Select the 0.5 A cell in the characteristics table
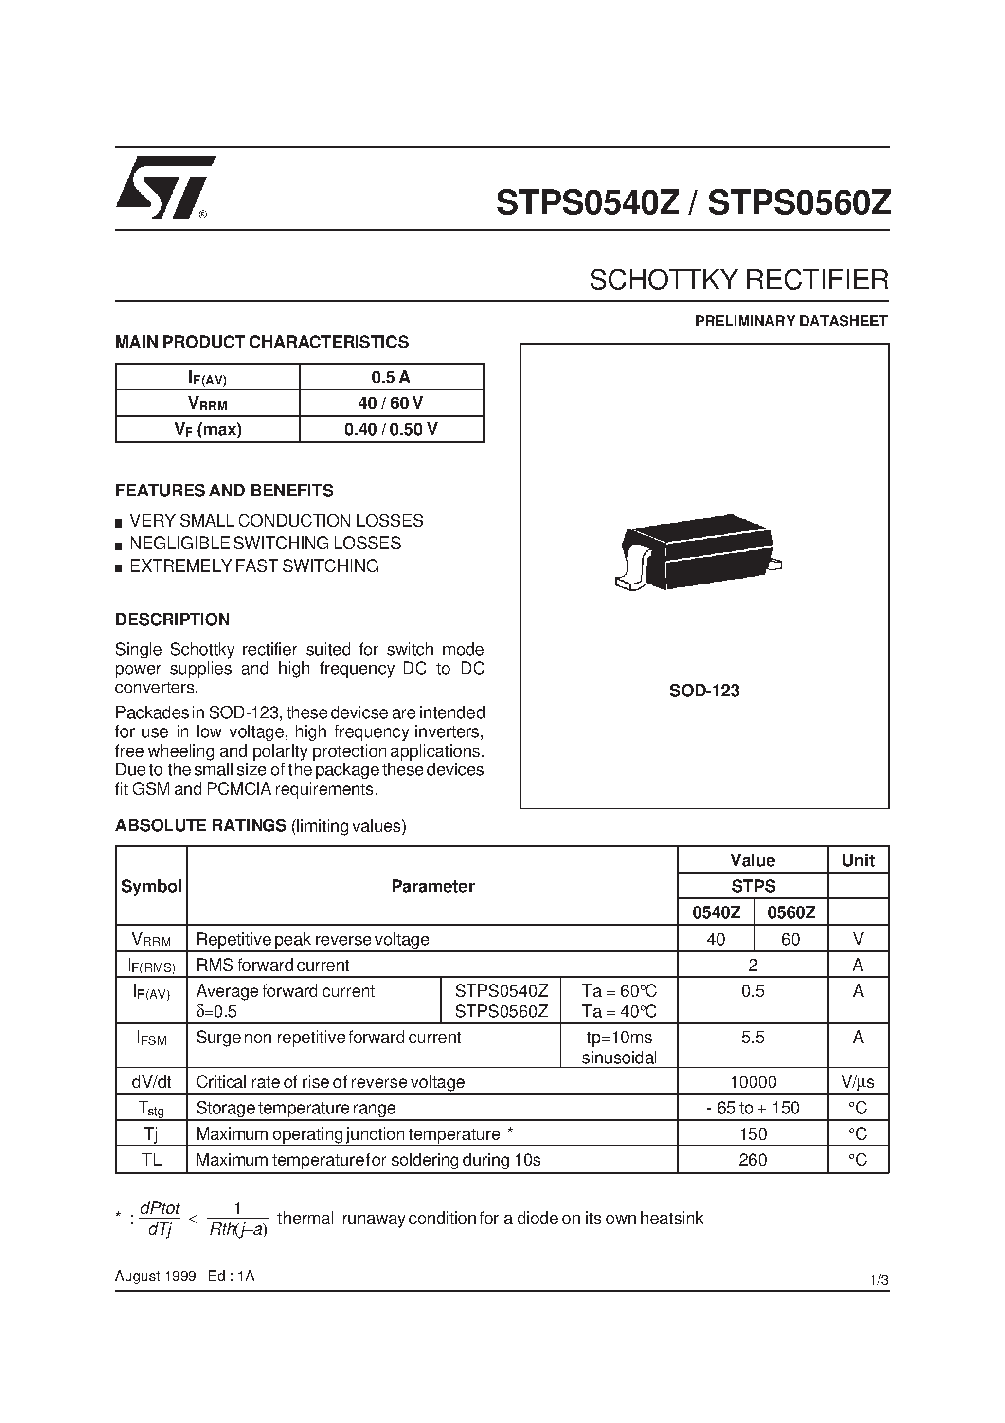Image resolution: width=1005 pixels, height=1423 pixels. tap(391, 377)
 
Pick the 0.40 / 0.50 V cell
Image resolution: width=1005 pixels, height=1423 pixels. tap(391, 429)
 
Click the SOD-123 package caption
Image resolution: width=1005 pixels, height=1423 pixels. tap(704, 691)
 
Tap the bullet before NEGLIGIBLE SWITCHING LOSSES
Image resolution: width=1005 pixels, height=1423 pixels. tap(119, 546)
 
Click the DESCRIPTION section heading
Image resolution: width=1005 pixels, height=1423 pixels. tap(172, 619)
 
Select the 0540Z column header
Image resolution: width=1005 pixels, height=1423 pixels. tap(716, 912)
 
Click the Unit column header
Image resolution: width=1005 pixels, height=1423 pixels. tap(858, 860)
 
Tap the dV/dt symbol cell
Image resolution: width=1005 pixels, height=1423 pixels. tap(151, 1082)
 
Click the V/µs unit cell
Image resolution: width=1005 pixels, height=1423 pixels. tap(858, 1082)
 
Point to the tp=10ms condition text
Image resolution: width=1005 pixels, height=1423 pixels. tap(619, 1038)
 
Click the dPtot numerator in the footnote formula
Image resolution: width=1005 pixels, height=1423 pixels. tap(160, 1208)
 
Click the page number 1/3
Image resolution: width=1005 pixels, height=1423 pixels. tap(879, 1280)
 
